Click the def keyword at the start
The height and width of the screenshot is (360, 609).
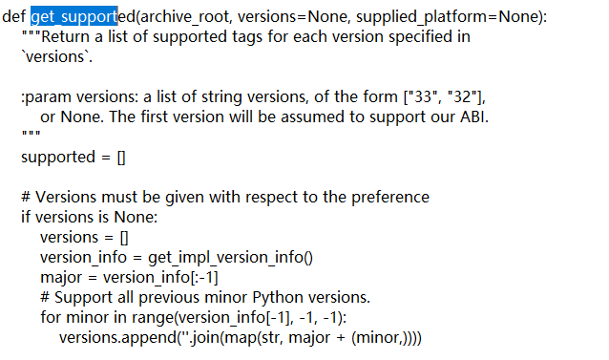(14, 17)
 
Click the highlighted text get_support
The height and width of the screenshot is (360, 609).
(73, 17)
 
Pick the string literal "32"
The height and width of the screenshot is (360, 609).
(463, 96)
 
